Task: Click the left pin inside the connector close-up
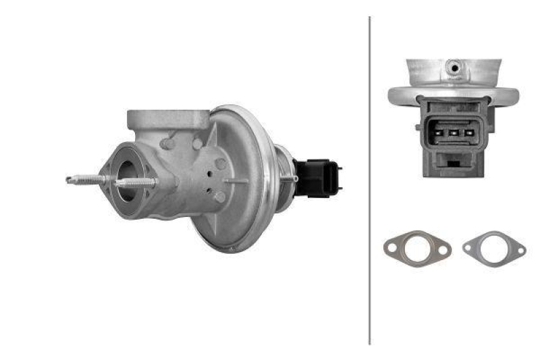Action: (x=439, y=133)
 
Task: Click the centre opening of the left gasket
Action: (x=416, y=249)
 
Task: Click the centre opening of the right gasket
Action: (x=494, y=248)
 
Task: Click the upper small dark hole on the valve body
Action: (x=211, y=173)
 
